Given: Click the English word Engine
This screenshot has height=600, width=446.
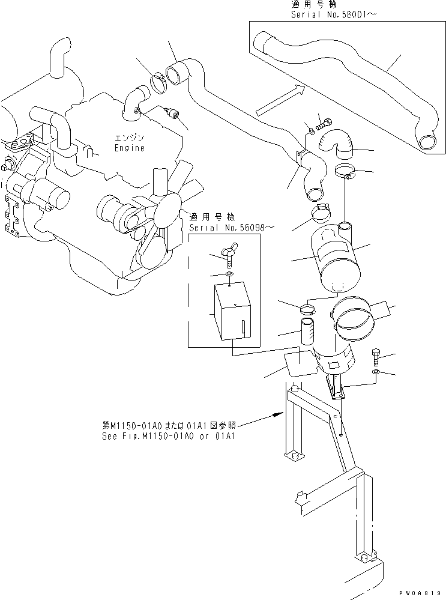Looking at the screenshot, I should coord(130,148).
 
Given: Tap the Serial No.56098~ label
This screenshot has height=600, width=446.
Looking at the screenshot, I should coord(224,228).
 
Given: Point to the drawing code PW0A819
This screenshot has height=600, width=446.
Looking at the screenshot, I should coord(423,592).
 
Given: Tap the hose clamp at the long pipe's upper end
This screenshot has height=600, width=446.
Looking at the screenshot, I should coord(159,81).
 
